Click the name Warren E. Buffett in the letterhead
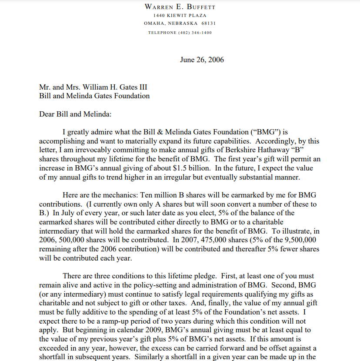(180, 7)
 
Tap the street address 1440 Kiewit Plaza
(180, 15)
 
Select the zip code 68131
(208, 23)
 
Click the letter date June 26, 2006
(202, 60)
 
